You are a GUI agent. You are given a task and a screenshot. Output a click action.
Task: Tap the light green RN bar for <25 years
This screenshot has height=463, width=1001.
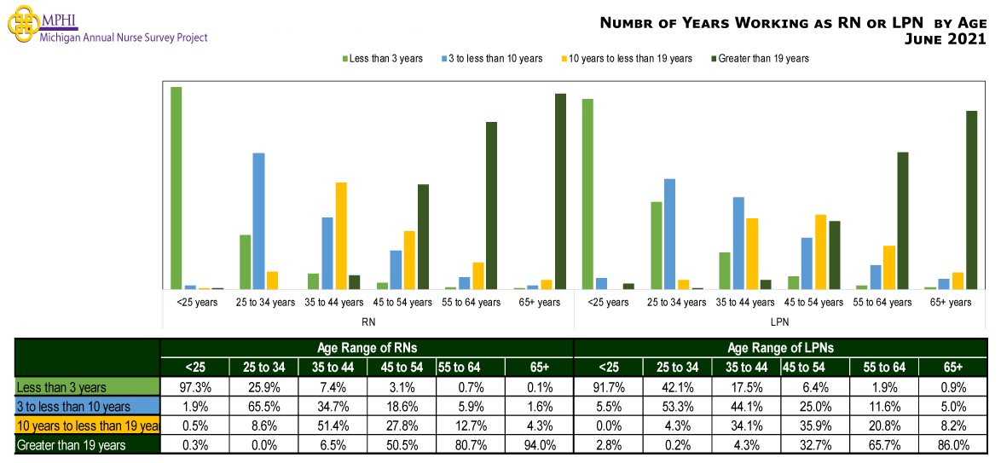coord(176,188)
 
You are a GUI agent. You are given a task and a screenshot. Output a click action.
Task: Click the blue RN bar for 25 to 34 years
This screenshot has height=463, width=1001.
coord(258,221)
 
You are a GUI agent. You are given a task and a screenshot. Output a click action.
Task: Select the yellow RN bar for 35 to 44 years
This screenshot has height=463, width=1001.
coord(341,235)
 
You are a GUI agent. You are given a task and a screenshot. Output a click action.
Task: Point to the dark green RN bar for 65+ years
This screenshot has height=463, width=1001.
coord(560,191)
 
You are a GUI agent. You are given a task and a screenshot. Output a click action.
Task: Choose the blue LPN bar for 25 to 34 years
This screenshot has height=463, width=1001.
coord(669,234)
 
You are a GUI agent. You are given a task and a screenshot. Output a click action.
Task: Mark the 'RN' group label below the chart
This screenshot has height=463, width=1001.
coord(367,321)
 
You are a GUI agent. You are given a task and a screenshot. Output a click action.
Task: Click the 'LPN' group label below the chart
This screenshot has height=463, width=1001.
coord(779,321)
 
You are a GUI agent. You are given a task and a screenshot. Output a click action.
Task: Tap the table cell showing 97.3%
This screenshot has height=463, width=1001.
coord(195,388)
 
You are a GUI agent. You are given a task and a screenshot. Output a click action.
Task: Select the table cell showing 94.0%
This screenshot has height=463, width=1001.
coord(539,445)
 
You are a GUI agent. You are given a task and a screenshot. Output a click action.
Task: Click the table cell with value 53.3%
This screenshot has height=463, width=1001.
coord(677,407)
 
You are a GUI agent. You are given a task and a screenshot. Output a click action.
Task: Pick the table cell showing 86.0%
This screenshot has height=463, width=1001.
coord(952,445)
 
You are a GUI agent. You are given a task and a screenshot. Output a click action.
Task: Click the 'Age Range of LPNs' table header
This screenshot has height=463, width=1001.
coord(780,348)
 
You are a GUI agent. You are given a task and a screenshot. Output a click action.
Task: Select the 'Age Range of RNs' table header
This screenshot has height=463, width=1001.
coord(367,348)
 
